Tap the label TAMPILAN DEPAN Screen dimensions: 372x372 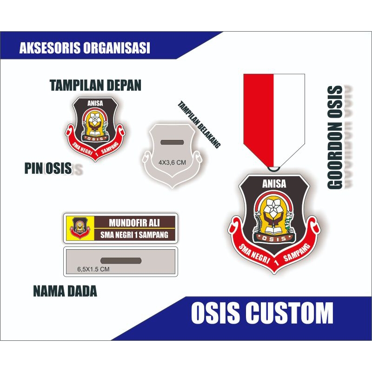pyautogui.click(x=95, y=86)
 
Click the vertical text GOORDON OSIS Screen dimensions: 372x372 pyautogui.click(x=335, y=138)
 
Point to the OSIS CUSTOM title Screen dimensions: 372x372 pyautogui.click(x=262, y=312)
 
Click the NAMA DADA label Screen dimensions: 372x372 pyautogui.click(x=65, y=292)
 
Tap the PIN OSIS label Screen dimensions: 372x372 pyautogui.click(x=48, y=168)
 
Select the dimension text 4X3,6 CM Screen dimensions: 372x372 pyautogui.click(x=172, y=162)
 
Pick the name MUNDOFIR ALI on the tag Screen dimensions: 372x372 pyautogui.click(x=135, y=221)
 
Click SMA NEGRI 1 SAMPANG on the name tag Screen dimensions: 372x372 pyautogui.click(x=134, y=235)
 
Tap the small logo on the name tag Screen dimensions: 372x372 pyautogui.click(x=78, y=228)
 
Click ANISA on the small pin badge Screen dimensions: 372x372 pyautogui.click(x=95, y=103)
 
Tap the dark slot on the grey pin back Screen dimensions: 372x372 pyautogui.click(x=172, y=142)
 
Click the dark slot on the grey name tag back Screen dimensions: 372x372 pyautogui.click(x=120, y=259)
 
